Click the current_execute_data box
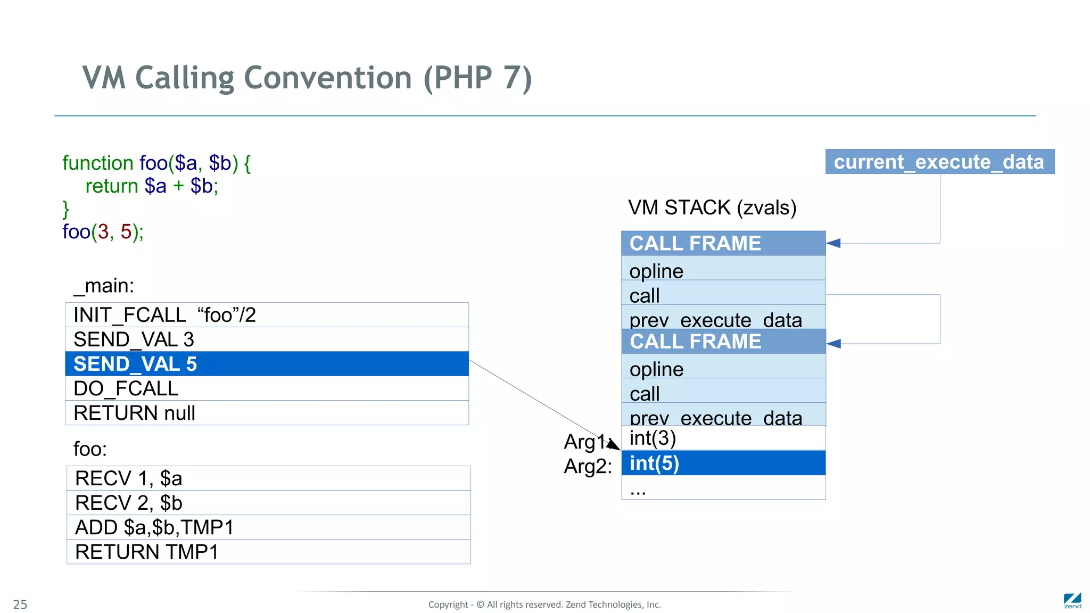tap(939, 162)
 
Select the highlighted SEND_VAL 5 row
tap(267, 364)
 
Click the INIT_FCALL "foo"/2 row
tap(267, 315)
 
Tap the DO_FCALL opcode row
tap(267, 388)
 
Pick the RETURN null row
tap(267, 413)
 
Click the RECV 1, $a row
tap(268, 478)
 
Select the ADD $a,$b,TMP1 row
tap(268, 527)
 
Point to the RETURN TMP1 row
tap(268, 552)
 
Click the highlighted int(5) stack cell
tap(723, 463)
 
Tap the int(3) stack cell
tap(723, 438)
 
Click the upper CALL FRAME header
tap(723, 243)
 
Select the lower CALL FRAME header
tap(723, 342)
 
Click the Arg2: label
tap(588, 467)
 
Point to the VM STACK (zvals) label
tap(712, 208)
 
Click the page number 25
tap(20, 604)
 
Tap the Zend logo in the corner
tap(1072, 601)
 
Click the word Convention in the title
tap(328, 78)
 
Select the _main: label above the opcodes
tap(104, 286)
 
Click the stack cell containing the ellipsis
tap(723, 487)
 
